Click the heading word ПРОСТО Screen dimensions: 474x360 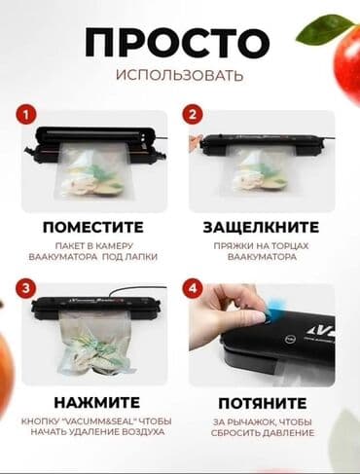click(176, 42)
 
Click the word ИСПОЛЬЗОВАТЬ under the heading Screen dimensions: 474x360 click(176, 76)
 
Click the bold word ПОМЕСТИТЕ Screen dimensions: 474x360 click(93, 227)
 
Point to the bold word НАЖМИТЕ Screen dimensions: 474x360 click(93, 401)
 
